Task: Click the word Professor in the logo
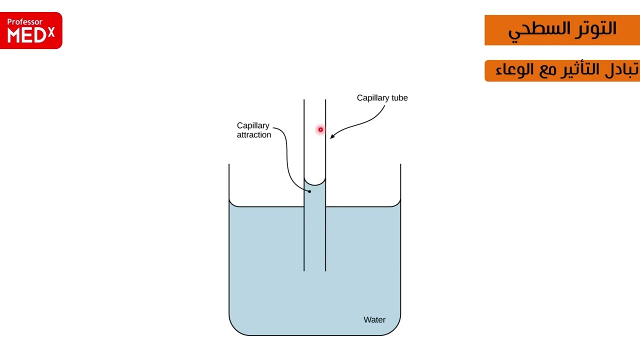click(24, 22)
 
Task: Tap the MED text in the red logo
click(26, 35)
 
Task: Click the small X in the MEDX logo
click(51, 32)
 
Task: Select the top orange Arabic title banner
click(562, 30)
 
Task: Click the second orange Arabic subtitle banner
click(562, 70)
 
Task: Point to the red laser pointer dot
click(320, 129)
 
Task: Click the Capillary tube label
click(382, 97)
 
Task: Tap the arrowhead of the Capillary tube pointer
click(331, 137)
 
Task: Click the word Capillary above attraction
click(253, 125)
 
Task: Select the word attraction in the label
click(253, 135)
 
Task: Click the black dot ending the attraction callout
click(309, 191)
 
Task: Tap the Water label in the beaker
click(374, 319)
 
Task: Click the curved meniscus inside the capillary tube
click(315, 184)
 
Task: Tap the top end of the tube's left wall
click(304, 99)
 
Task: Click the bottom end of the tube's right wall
click(325, 270)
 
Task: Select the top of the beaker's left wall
click(229, 164)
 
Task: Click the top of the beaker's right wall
click(400, 164)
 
